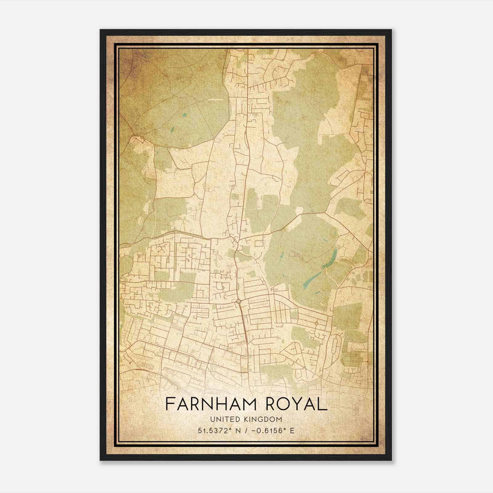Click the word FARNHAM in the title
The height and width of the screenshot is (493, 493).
(x=211, y=404)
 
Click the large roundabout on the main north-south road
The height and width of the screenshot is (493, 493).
(x=239, y=301)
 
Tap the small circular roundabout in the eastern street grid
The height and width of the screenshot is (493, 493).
(x=316, y=323)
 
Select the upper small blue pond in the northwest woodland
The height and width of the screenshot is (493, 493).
(x=184, y=115)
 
